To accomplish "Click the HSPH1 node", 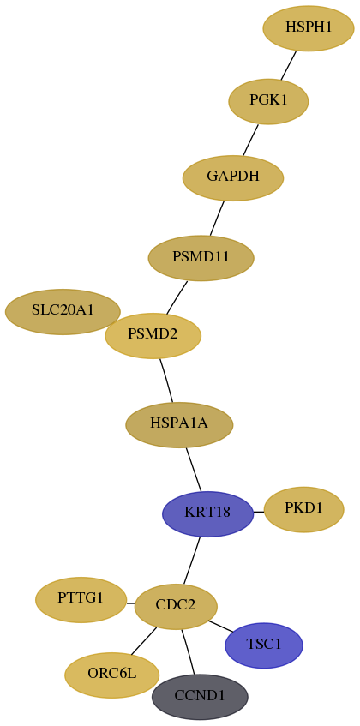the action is click(x=309, y=28).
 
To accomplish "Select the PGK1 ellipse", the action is click(x=268, y=102).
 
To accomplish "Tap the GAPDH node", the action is click(x=233, y=178).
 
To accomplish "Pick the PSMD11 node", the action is click(x=201, y=258).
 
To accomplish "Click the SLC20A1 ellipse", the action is click(x=63, y=312).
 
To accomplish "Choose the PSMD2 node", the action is click(x=153, y=336).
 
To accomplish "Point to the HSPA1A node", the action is click(x=179, y=425).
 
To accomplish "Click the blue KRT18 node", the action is click(x=207, y=514).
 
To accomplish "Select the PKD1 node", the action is click(x=303, y=509).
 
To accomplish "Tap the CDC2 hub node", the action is click(x=176, y=607).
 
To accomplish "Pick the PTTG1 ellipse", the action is click(x=81, y=600).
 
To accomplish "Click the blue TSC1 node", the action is click(x=264, y=645).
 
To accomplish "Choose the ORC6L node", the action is click(x=112, y=675).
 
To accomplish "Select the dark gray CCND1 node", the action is click(x=200, y=697).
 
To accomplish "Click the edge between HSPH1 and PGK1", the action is click(x=288, y=65).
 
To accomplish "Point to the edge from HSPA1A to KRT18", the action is click(x=194, y=470).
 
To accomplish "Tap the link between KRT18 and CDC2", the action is click(x=192, y=561).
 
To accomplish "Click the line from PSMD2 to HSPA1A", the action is click(x=166, y=381).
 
